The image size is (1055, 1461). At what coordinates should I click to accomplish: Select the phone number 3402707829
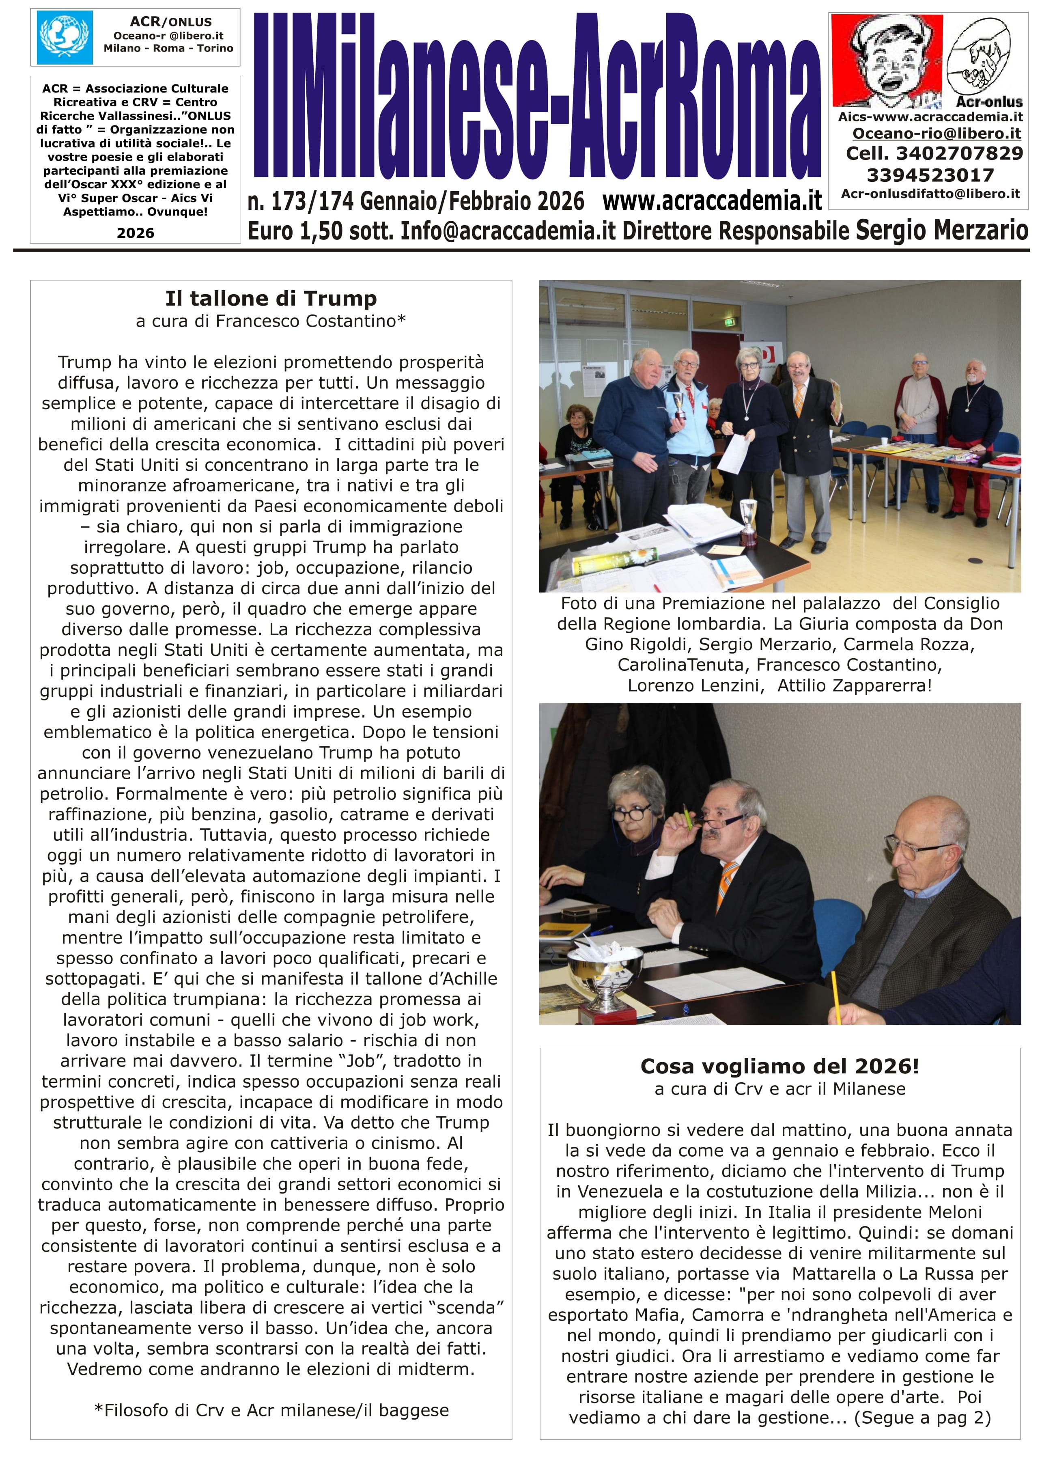(959, 154)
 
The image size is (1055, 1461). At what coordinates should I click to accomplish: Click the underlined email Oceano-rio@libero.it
(937, 134)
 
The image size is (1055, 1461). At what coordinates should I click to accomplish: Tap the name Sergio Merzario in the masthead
(942, 230)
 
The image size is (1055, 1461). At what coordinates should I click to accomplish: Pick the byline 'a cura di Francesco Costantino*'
(271, 321)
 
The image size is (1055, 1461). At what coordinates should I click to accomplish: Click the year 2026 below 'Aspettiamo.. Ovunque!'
(135, 233)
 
